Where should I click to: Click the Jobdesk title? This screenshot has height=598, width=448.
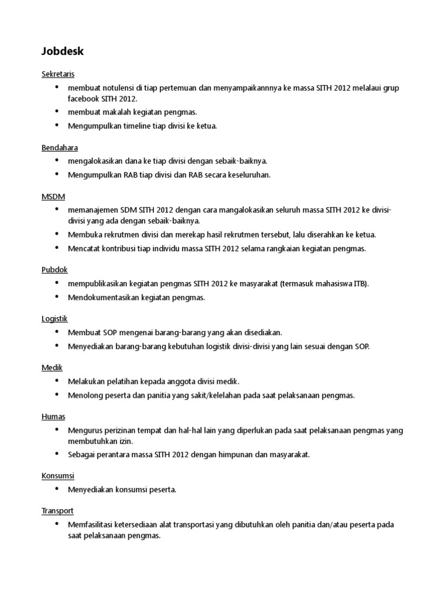tap(62, 51)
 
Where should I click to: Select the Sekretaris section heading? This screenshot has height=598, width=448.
tap(58, 74)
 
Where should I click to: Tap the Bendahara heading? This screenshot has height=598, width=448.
tap(60, 148)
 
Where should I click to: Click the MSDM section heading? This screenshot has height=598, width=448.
tap(53, 196)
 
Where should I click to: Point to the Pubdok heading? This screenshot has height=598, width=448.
tap(55, 270)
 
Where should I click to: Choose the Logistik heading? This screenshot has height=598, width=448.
tap(55, 319)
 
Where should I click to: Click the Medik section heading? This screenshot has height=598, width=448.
tap(52, 367)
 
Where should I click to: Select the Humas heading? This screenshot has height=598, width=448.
tap(53, 416)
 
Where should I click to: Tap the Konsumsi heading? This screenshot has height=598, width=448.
tap(58, 476)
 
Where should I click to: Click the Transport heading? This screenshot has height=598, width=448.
tap(57, 510)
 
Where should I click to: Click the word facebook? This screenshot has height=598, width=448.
tap(85, 99)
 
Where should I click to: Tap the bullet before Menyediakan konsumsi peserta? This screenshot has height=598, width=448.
tap(57, 489)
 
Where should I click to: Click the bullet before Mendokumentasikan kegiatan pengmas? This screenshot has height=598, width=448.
tap(57, 297)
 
